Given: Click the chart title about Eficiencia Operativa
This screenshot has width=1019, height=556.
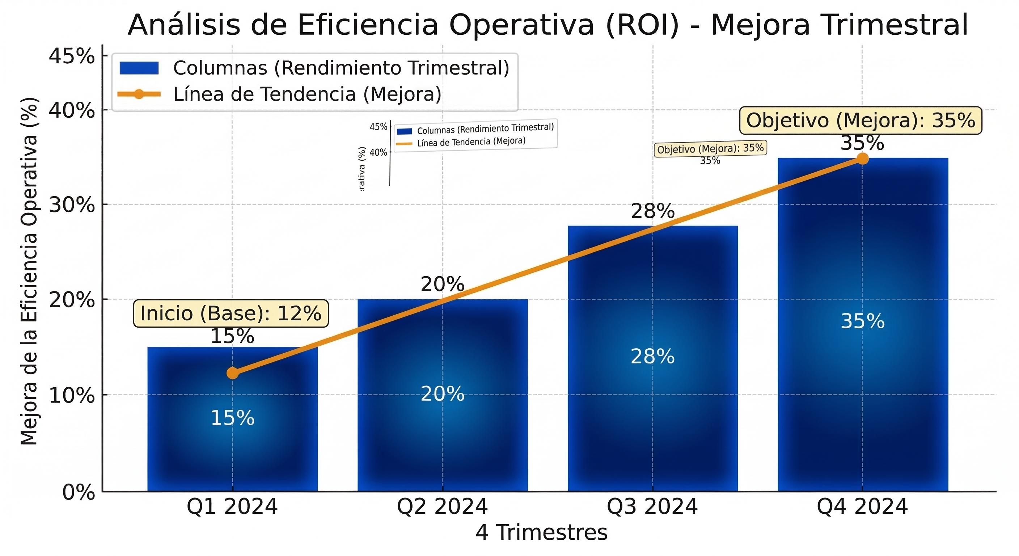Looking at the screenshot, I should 547,25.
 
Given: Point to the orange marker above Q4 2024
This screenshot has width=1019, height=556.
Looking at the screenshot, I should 862,159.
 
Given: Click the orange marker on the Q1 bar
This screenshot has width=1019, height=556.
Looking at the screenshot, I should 233,373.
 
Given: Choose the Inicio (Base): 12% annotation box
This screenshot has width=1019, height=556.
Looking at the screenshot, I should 231,313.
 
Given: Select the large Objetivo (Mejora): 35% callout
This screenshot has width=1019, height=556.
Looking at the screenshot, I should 861,120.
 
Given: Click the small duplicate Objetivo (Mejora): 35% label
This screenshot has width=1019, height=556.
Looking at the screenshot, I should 710,149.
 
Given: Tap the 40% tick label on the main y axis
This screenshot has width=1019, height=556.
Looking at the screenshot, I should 72,110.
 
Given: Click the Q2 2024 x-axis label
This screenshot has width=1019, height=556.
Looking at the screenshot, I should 442,507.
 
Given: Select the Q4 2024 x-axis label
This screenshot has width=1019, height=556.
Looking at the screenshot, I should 862,507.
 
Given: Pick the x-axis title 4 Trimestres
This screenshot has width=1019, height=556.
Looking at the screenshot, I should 541,532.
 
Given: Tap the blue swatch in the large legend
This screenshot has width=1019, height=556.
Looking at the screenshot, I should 139,68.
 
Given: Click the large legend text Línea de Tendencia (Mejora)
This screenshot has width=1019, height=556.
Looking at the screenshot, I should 307,94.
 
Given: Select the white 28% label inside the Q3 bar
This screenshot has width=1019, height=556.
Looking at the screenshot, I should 652,357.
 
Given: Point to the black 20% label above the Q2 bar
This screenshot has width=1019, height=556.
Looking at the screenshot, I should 442,284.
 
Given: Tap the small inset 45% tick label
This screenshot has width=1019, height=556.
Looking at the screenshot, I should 378,127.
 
